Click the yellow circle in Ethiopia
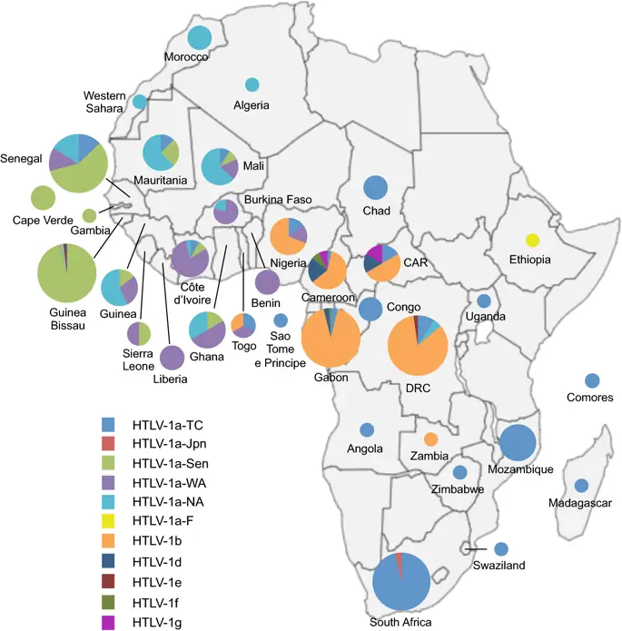point(533,241)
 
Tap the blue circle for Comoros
point(592,380)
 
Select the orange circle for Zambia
point(430,439)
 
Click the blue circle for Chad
point(376,189)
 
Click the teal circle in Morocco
point(200,37)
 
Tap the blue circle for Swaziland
point(500,548)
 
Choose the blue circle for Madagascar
point(581,486)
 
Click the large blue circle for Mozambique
point(518,443)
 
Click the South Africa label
point(400,622)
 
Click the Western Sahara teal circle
point(139,102)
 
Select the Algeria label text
point(252,105)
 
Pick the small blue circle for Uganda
point(484,301)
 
